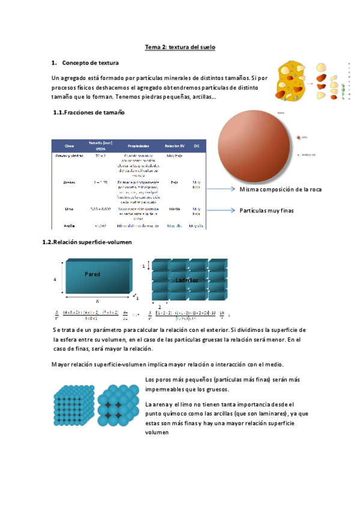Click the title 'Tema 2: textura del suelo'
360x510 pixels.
pyautogui.click(x=180, y=47)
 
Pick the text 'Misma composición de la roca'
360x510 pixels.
pyautogui.click(x=280, y=189)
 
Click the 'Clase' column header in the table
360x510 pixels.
pyautogui.click(x=69, y=146)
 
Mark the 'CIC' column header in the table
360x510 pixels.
pyautogui.click(x=197, y=146)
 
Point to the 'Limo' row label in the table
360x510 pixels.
pyautogui.click(x=69, y=209)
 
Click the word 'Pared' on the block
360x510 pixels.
pyautogui.click(x=93, y=274)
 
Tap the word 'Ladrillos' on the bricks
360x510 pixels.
pyautogui.click(x=186, y=280)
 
